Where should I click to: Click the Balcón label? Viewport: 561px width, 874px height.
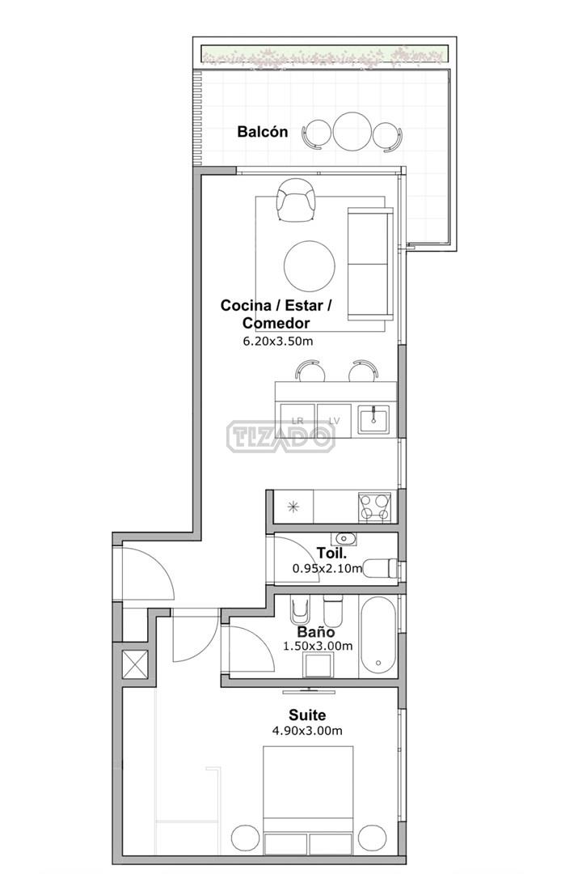click(x=262, y=132)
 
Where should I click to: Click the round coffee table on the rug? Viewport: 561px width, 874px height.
click(x=310, y=266)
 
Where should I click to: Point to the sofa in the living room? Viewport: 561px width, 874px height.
click(x=370, y=264)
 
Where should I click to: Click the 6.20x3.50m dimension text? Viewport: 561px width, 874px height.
click(x=278, y=342)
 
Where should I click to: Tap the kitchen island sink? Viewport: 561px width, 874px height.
click(x=373, y=419)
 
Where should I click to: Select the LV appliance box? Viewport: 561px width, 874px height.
click(x=334, y=421)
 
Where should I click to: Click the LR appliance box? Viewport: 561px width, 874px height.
click(x=297, y=421)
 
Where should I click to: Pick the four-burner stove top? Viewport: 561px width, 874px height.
click(x=374, y=507)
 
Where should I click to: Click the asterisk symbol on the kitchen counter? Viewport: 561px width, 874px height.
click(x=293, y=507)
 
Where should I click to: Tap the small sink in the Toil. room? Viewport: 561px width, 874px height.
click(x=344, y=539)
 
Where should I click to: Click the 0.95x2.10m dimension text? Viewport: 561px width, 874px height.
click(x=327, y=569)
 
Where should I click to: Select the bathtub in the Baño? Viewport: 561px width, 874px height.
click(x=378, y=636)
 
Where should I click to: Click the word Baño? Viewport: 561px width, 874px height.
click(x=316, y=632)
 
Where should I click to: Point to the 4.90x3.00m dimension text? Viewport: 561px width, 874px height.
click(x=307, y=731)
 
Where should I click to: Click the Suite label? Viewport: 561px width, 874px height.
click(x=307, y=715)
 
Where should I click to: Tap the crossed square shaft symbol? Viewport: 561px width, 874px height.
click(x=135, y=665)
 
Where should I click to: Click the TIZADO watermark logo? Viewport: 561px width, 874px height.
click(x=281, y=436)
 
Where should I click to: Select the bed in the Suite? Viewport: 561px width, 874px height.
click(x=308, y=800)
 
